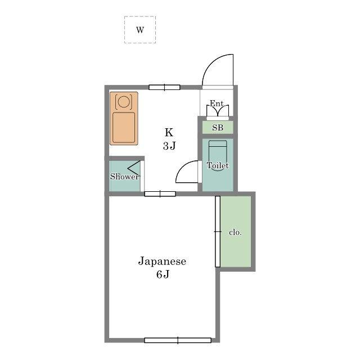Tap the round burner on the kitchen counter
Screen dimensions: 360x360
tap(124, 101)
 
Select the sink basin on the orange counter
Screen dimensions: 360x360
tap(124, 128)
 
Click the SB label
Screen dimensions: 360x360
tap(218, 128)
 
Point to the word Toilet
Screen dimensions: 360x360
tap(218, 165)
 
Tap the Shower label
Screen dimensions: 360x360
tap(124, 176)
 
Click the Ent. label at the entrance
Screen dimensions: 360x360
tap(218, 103)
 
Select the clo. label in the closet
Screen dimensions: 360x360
tap(235, 232)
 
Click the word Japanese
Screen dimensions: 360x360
tap(162, 261)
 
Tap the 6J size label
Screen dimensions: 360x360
tap(163, 274)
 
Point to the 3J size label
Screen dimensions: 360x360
tap(169, 146)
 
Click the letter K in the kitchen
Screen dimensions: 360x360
tap(169, 133)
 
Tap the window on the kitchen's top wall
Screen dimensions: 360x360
tap(164, 87)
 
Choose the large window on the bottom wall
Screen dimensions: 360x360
tap(178, 340)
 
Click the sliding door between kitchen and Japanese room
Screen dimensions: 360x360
tap(160, 193)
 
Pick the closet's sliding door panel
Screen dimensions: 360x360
tap(218, 231)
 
